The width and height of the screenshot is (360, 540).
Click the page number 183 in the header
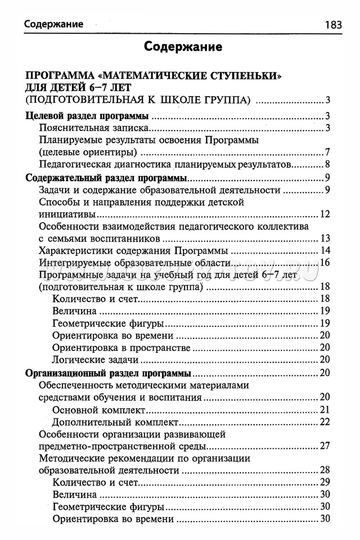tap(334, 25)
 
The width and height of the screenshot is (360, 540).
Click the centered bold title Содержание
tap(183, 46)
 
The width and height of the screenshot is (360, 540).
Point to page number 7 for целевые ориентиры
tap(327, 152)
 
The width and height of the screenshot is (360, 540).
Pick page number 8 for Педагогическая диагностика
tap(327, 165)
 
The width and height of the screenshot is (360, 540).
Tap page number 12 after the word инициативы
tap(325, 214)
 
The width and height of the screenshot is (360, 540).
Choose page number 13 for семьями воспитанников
tap(325, 238)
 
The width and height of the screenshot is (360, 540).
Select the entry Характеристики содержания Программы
tap(133, 250)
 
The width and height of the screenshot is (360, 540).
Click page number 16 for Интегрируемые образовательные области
tap(325, 263)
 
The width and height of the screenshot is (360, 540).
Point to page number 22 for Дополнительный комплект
tap(325, 422)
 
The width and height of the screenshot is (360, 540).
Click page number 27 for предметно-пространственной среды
tap(325, 447)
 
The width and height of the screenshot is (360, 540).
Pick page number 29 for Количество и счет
tap(325, 483)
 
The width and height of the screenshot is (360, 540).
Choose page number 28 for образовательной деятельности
tap(325, 470)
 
